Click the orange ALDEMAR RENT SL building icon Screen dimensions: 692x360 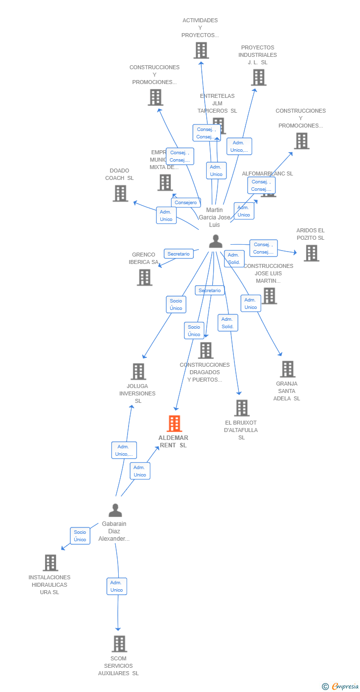click(x=174, y=424)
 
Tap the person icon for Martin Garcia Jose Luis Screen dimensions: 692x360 click(x=216, y=241)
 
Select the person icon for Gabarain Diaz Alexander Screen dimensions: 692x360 click(x=115, y=510)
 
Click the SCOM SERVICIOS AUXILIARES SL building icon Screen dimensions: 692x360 click(x=119, y=644)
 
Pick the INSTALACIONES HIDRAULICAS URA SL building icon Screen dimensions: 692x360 click(x=50, y=562)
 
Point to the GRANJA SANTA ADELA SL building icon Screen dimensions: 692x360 click(x=287, y=369)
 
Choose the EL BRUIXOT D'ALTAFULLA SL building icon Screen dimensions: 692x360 click(x=242, y=408)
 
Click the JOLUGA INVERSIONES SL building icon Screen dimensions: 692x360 click(x=138, y=371)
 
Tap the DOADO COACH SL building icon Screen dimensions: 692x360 click(x=120, y=193)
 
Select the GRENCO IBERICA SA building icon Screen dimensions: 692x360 click(x=144, y=277)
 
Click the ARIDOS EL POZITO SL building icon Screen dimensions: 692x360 click(x=311, y=253)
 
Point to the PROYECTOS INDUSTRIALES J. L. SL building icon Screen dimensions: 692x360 click(x=258, y=78)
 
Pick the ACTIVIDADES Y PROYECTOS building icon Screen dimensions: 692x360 click(x=201, y=50)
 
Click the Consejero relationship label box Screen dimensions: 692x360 click(x=186, y=203)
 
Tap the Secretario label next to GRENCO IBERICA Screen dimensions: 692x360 click(x=179, y=254)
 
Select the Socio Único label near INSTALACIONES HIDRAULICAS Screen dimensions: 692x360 click(x=80, y=536)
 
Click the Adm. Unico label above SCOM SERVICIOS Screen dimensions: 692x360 click(x=117, y=586)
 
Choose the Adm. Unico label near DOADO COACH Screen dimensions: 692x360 click(x=166, y=216)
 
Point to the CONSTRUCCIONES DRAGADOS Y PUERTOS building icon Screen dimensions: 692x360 click(x=205, y=350)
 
